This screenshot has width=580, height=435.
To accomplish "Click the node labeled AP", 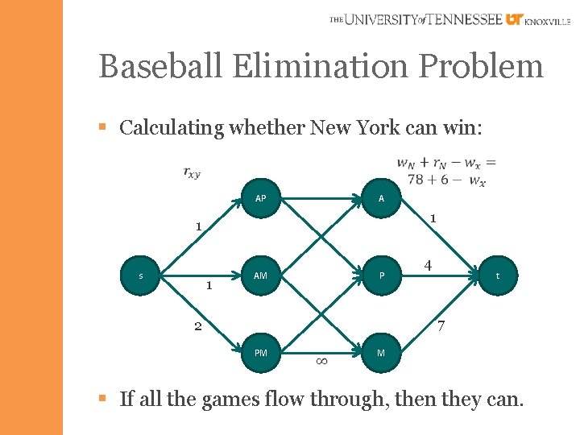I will pos(261,199).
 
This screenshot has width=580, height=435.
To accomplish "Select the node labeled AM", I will pos(261,275).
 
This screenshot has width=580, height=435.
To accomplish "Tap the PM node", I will pos(261,352).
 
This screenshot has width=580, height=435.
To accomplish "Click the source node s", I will pos(141,275).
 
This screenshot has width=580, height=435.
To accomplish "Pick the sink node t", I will pos(497,275).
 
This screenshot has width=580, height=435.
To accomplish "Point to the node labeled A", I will pos(381,199).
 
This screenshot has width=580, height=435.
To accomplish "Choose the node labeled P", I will pos(381,275).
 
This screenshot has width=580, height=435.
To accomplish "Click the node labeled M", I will pos(381,352).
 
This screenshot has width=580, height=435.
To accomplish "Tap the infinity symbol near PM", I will pos(320,362).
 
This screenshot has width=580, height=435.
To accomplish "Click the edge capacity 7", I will pos(440,327).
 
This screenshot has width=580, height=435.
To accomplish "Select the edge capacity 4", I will pos(428,265).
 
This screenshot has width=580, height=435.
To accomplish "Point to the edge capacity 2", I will pos(197,327).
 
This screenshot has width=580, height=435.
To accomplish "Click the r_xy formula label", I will pos(192,172).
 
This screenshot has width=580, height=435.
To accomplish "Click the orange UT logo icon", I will pos(514,19).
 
